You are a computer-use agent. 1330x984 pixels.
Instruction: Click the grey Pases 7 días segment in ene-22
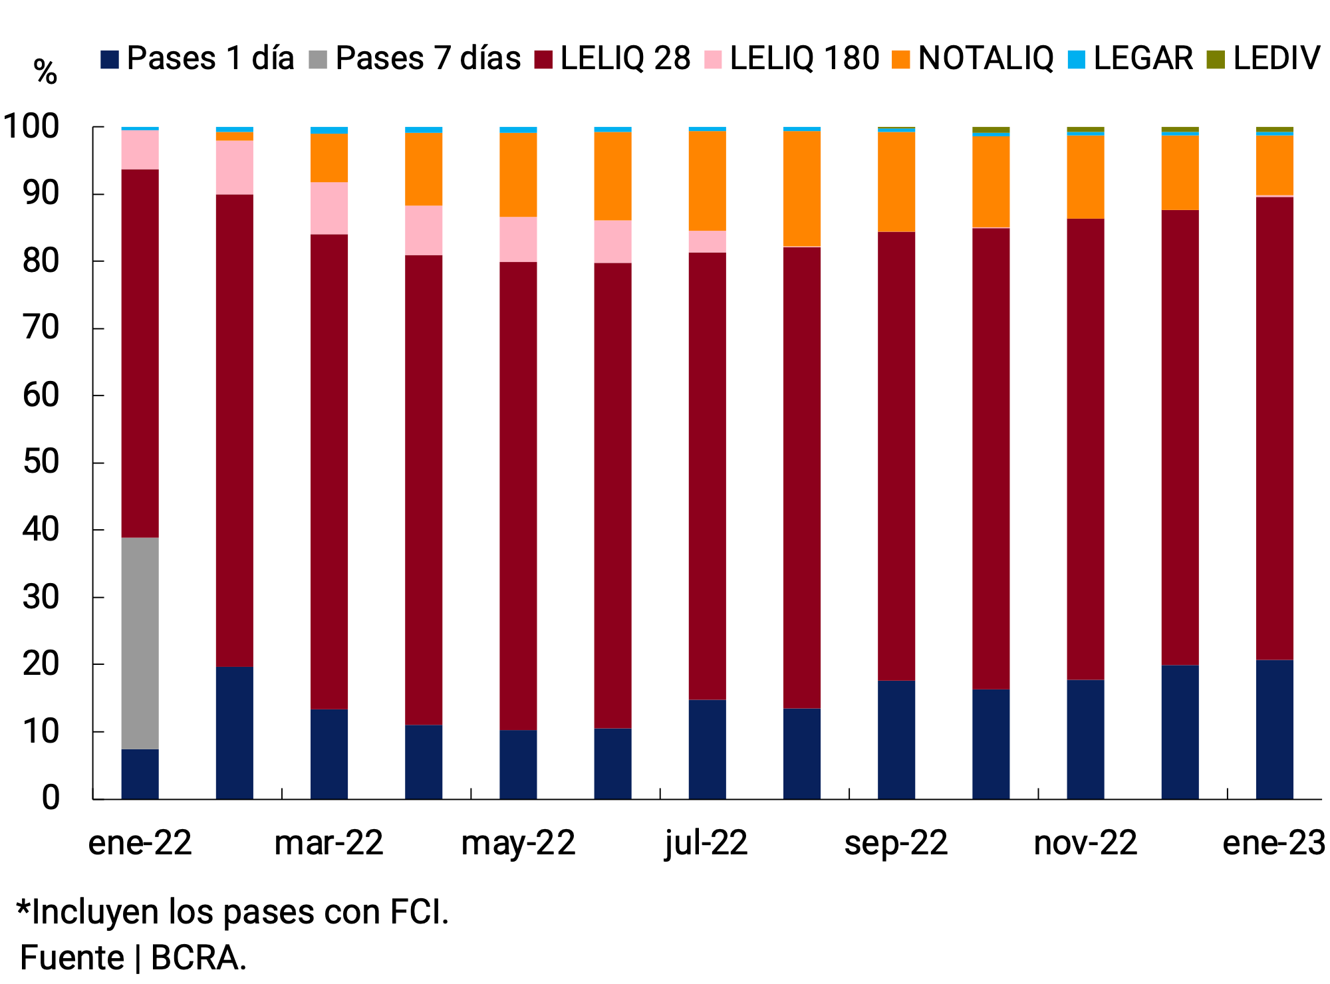click(140, 643)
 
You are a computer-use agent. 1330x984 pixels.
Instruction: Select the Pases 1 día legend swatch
click(110, 59)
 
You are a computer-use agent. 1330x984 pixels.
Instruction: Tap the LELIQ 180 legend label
click(804, 59)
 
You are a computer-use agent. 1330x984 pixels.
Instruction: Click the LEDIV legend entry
click(1275, 59)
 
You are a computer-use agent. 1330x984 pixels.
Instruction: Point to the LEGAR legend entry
click(1142, 59)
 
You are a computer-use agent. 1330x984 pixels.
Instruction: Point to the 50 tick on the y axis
click(41, 463)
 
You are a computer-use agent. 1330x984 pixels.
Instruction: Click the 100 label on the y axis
click(31, 126)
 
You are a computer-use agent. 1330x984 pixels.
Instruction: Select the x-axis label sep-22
click(895, 843)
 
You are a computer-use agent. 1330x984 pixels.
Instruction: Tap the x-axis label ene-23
click(1273, 843)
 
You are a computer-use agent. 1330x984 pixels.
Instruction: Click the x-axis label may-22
click(517, 843)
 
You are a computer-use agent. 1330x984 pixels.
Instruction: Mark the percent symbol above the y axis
click(45, 71)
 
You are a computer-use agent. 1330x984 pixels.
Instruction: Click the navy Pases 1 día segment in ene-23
click(1274, 729)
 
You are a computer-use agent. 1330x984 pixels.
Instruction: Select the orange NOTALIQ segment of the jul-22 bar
click(707, 181)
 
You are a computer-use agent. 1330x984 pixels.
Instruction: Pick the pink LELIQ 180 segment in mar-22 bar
click(329, 208)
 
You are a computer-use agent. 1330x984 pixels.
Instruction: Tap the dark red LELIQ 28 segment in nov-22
click(1085, 449)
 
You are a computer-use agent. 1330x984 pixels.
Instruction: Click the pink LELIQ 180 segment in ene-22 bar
click(140, 150)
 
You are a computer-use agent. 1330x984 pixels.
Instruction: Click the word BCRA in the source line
click(198, 958)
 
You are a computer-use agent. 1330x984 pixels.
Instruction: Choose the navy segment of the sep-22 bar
click(896, 739)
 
